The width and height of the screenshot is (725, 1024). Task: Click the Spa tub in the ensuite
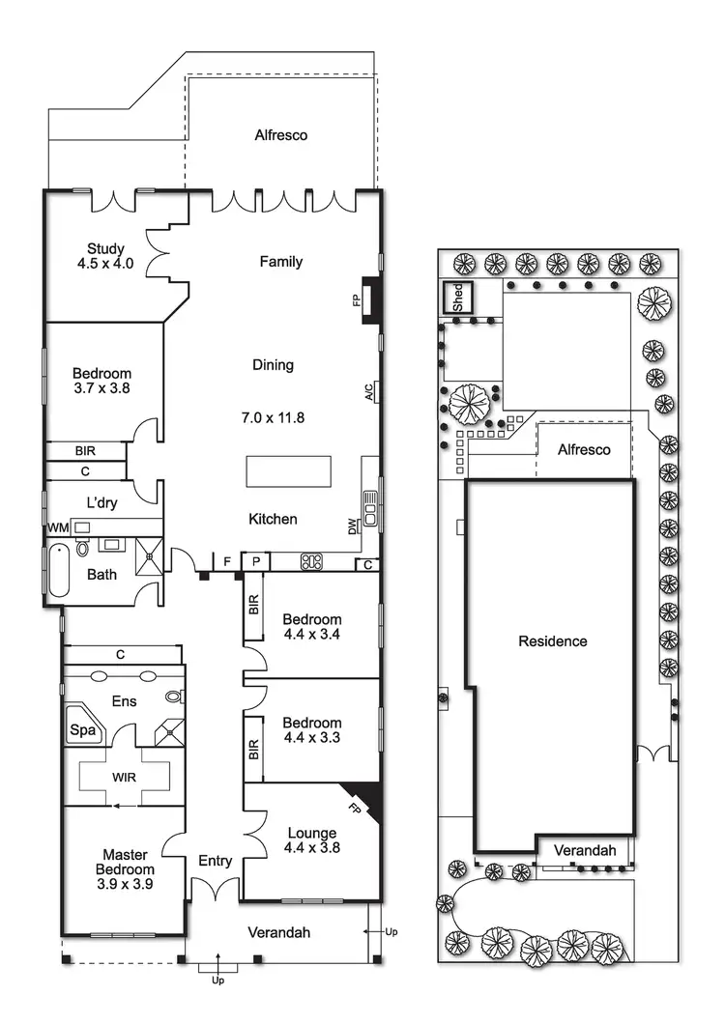click(83, 731)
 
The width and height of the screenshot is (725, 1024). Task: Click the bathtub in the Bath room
click(57, 571)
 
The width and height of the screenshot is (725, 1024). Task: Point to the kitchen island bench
click(288, 471)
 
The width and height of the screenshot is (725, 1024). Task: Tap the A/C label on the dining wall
click(368, 392)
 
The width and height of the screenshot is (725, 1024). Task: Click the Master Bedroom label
click(124, 868)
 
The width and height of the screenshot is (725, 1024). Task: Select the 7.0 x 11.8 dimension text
click(273, 417)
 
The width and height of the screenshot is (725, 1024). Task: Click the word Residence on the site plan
click(552, 640)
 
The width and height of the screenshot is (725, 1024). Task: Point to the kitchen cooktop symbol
click(311, 560)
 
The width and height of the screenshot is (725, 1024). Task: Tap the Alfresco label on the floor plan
click(280, 135)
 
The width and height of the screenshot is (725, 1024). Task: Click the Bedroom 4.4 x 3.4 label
click(311, 627)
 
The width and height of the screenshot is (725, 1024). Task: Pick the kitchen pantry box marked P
click(256, 561)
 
